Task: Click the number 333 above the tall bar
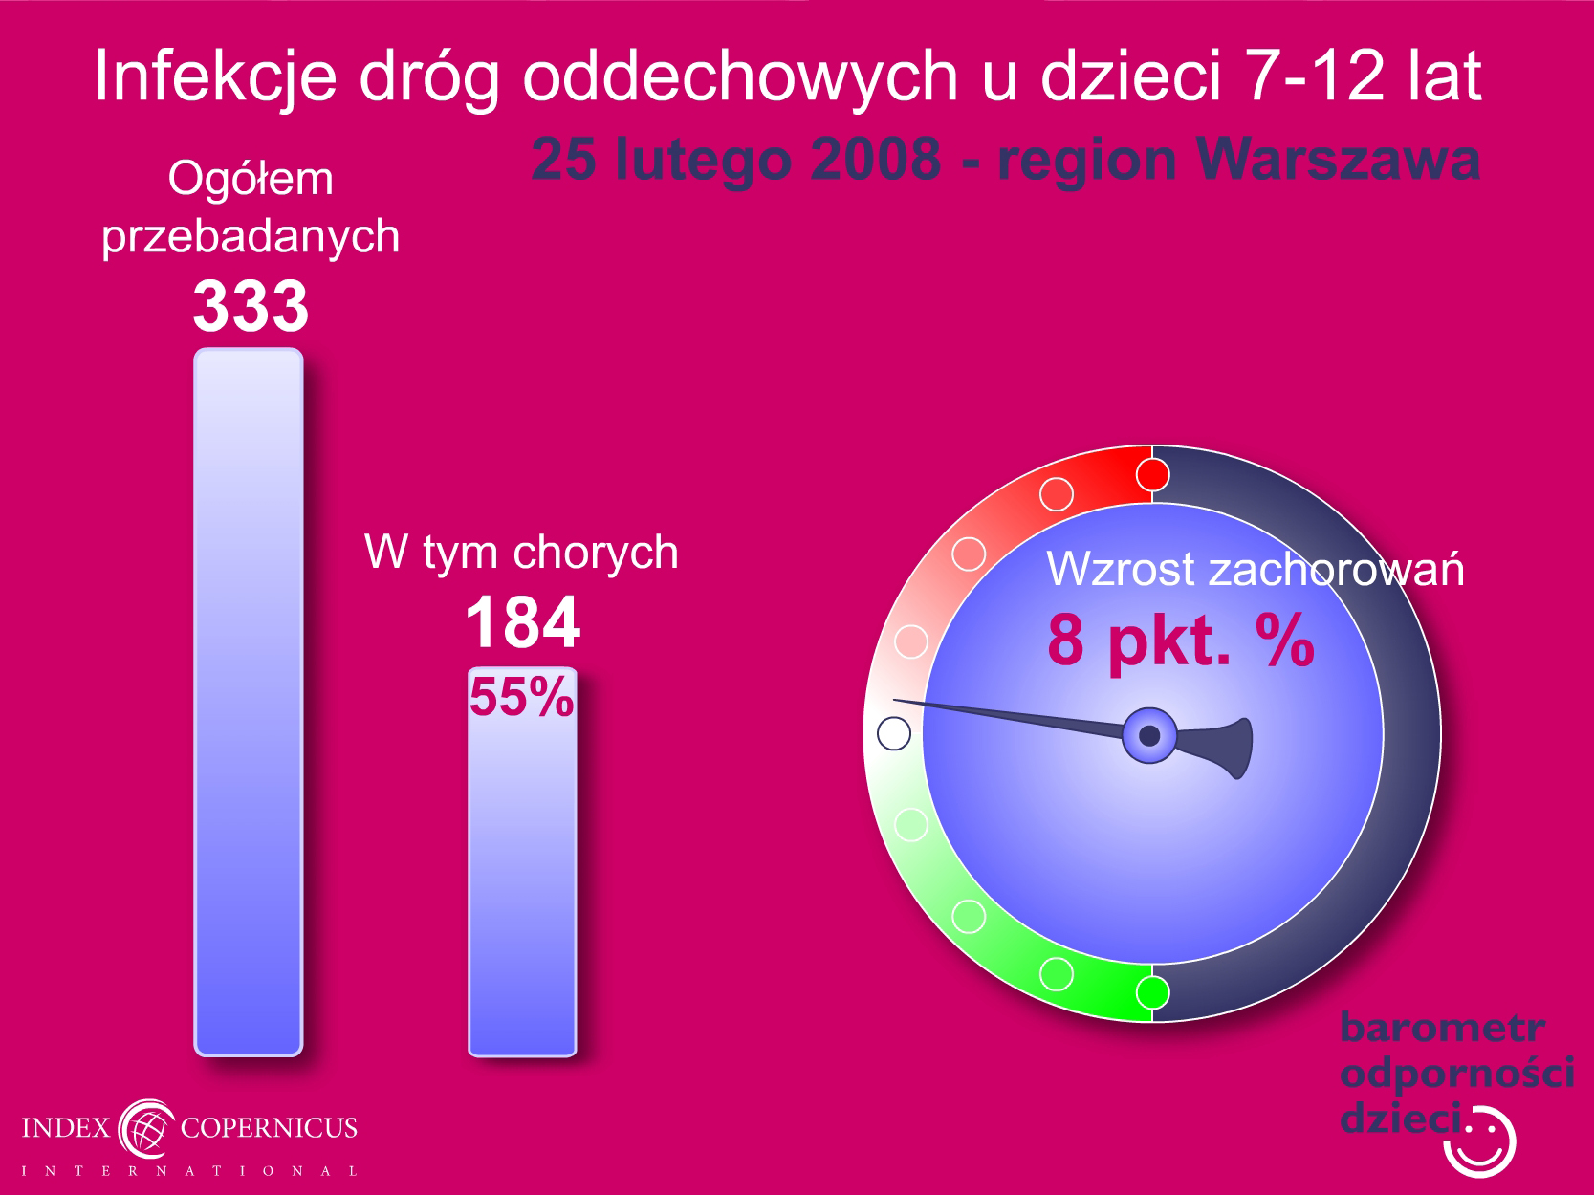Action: pos(251,306)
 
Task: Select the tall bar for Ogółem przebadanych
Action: pos(249,702)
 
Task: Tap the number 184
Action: pos(523,622)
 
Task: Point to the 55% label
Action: pos(521,697)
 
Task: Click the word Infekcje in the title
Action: pos(216,76)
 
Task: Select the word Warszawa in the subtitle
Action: pos(1338,159)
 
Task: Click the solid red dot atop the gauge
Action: pos(1152,475)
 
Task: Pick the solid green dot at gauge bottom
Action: pos(1152,992)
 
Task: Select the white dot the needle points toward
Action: pos(894,733)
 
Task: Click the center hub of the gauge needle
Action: pos(1149,735)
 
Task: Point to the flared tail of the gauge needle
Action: pos(1220,748)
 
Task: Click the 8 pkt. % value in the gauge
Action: pos(1181,641)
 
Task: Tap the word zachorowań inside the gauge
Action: pos(1336,569)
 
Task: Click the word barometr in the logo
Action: pos(1442,1028)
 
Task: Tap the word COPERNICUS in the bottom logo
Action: pos(269,1128)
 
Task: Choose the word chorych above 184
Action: pos(596,554)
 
